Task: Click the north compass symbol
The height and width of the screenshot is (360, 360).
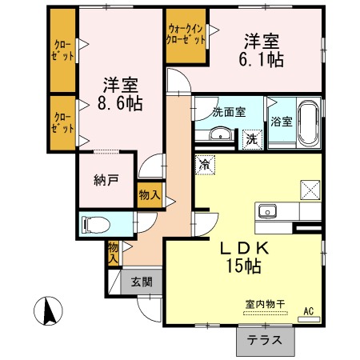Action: pyautogui.click(x=48, y=311)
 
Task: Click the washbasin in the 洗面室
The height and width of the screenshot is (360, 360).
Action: pyautogui.click(x=220, y=134)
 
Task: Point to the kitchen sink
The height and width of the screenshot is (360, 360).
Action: pyautogui.click(x=267, y=211)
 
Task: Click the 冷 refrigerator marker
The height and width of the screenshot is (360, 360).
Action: pyautogui.click(x=205, y=165)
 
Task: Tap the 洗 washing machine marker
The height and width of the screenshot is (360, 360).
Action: pyautogui.click(x=252, y=139)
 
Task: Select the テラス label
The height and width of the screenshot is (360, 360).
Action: pyautogui.click(x=265, y=341)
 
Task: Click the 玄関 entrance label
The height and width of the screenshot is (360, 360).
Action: pyautogui.click(x=142, y=282)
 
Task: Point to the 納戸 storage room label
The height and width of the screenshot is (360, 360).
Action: pyautogui.click(x=106, y=181)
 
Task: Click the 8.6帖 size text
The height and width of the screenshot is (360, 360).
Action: pyautogui.click(x=120, y=103)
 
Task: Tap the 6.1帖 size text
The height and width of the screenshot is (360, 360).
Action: pyautogui.click(x=261, y=60)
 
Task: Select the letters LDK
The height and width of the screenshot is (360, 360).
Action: pyautogui.click(x=244, y=249)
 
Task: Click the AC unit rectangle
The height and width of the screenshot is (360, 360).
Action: pyautogui.click(x=309, y=319)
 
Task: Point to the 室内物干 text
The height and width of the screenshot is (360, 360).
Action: pyautogui.click(x=266, y=304)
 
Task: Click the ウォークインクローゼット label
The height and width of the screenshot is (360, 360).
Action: pyautogui.click(x=186, y=34)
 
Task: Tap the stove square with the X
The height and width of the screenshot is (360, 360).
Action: pyautogui.click(x=310, y=190)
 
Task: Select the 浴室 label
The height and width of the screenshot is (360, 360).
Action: pyautogui.click(x=282, y=122)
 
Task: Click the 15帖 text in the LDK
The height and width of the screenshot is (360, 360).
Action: pyautogui.click(x=243, y=266)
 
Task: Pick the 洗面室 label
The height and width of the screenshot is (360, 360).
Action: pyautogui.click(x=229, y=112)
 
